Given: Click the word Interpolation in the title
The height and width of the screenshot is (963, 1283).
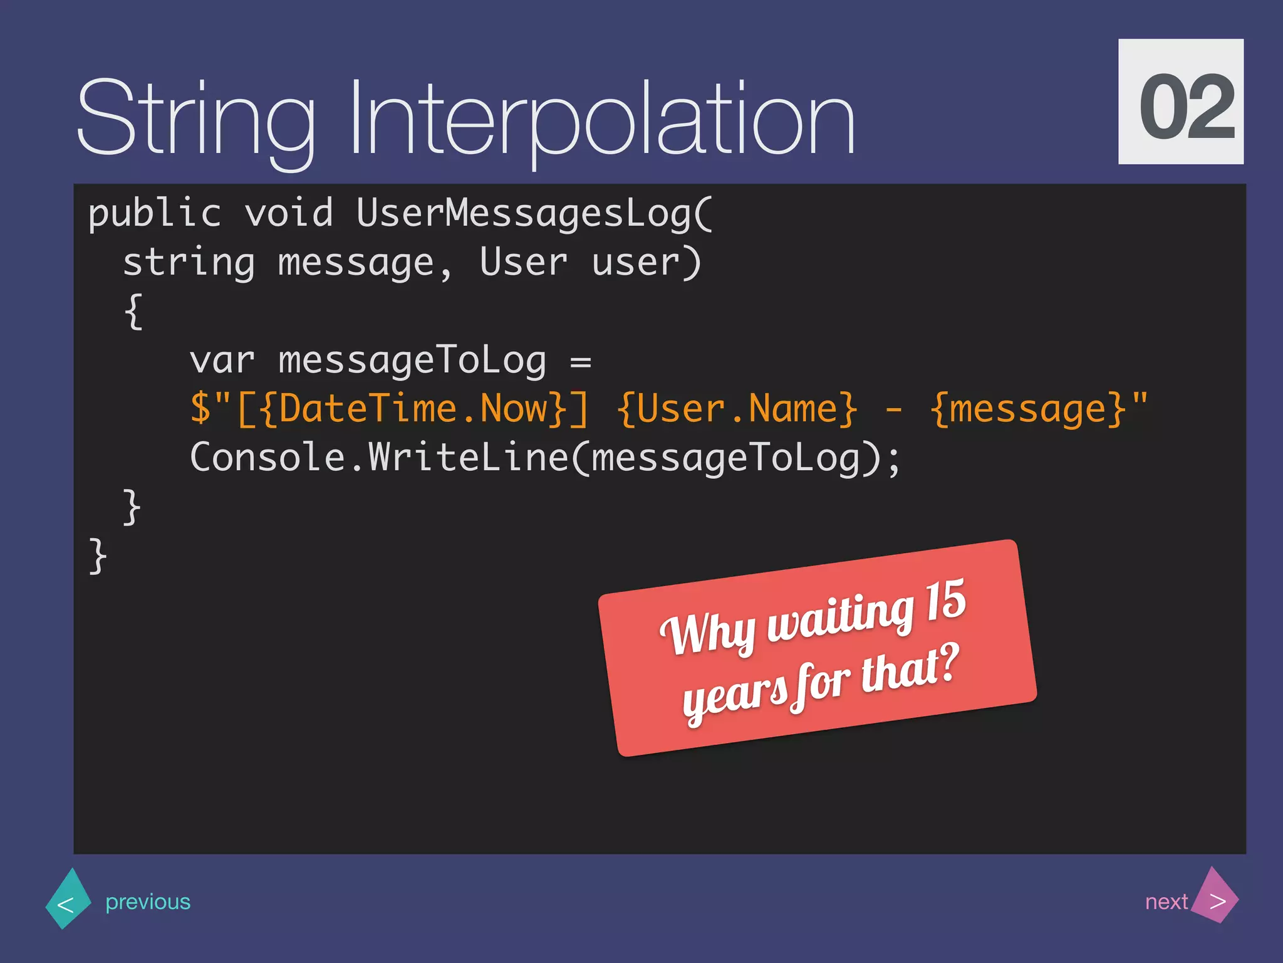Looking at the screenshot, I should [601, 119].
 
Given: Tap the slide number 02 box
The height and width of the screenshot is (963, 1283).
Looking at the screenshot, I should [1181, 102].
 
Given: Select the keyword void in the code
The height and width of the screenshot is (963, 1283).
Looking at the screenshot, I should [289, 214].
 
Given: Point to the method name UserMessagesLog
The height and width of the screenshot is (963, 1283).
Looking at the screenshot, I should [523, 214].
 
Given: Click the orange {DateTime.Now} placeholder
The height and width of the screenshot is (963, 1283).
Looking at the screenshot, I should [413, 409].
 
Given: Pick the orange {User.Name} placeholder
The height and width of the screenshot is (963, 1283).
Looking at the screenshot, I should [737, 409].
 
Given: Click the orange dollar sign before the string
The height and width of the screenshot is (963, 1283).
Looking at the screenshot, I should [200, 409].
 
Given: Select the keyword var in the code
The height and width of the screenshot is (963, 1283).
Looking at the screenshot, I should [222, 361].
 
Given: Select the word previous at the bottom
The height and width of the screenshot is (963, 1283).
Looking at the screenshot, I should [148, 902].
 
